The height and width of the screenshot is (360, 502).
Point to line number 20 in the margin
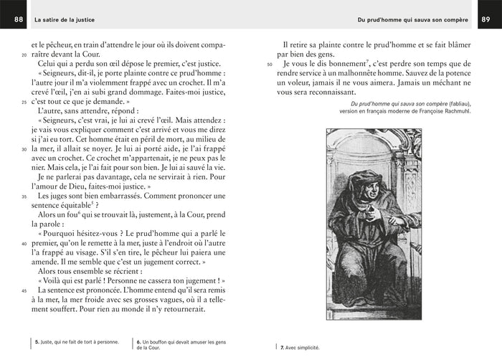tap(24, 55)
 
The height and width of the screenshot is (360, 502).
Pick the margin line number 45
tap(24, 290)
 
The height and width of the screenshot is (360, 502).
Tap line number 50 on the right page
tap(270, 65)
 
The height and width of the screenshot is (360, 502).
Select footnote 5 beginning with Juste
tap(76, 343)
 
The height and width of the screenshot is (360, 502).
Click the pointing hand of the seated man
tap(370, 212)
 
